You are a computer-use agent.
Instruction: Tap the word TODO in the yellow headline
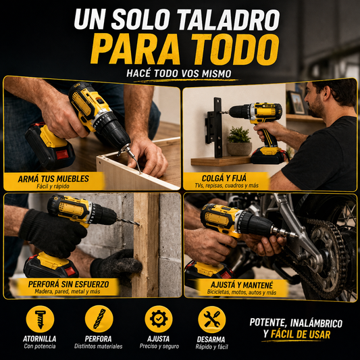click(235, 49)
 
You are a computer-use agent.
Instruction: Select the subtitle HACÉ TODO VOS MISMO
click(179, 74)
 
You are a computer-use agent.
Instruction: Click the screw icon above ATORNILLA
click(40, 319)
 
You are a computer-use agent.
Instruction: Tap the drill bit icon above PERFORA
click(99, 319)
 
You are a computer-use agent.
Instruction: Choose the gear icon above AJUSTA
click(159, 319)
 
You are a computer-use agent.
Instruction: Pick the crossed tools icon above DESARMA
click(212, 319)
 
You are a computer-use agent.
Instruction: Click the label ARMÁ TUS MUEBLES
click(53, 179)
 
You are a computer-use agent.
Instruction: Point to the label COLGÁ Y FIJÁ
click(224, 178)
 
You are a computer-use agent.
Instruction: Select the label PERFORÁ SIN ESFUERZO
click(68, 284)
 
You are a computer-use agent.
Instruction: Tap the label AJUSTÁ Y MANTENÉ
click(242, 285)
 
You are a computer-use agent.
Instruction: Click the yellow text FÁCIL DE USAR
click(301, 334)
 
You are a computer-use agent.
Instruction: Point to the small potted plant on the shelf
click(239, 141)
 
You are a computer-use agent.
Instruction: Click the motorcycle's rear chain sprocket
click(327, 254)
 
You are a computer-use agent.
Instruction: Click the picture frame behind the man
click(297, 103)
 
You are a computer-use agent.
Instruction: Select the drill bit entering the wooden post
click(128, 222)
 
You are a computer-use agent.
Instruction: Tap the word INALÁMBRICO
click(316, 323)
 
